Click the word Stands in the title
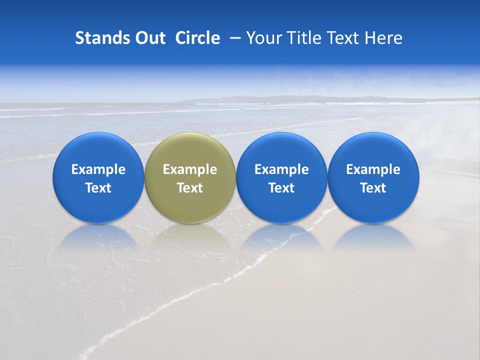tap(102, 38)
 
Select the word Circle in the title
tap(197, 38)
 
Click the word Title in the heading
tap(306, 38)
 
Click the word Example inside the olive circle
tap(190, 169)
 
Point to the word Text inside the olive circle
tap(190, 188)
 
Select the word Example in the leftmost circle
tap(98, 169)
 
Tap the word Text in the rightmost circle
tap(373, 188)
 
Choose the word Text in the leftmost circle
tap(98, 188)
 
